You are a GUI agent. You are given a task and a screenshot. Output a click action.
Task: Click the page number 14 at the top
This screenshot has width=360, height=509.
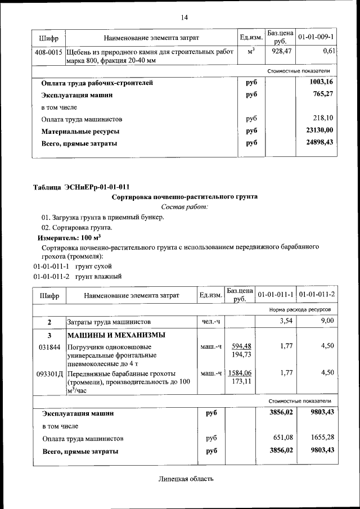[x=184, y=17]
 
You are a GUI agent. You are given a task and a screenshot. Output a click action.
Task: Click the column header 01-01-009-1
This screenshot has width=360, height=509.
[x=316, y=38]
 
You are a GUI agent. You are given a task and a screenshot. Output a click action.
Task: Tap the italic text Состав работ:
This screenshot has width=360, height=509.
[x=184, y=207]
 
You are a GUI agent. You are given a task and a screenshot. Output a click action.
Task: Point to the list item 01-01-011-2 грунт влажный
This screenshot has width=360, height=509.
[x=77, y=276]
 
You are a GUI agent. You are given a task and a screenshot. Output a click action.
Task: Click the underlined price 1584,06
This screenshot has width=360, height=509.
[x=241, y=373]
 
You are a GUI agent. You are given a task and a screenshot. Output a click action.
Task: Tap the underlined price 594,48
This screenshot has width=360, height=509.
[x=241, y=346]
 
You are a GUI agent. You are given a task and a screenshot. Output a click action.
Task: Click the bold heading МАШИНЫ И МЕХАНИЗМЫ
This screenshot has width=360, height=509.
[x=116, y=335]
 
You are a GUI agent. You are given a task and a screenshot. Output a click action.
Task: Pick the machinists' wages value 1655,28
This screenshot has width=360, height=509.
[x=319, y=438]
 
